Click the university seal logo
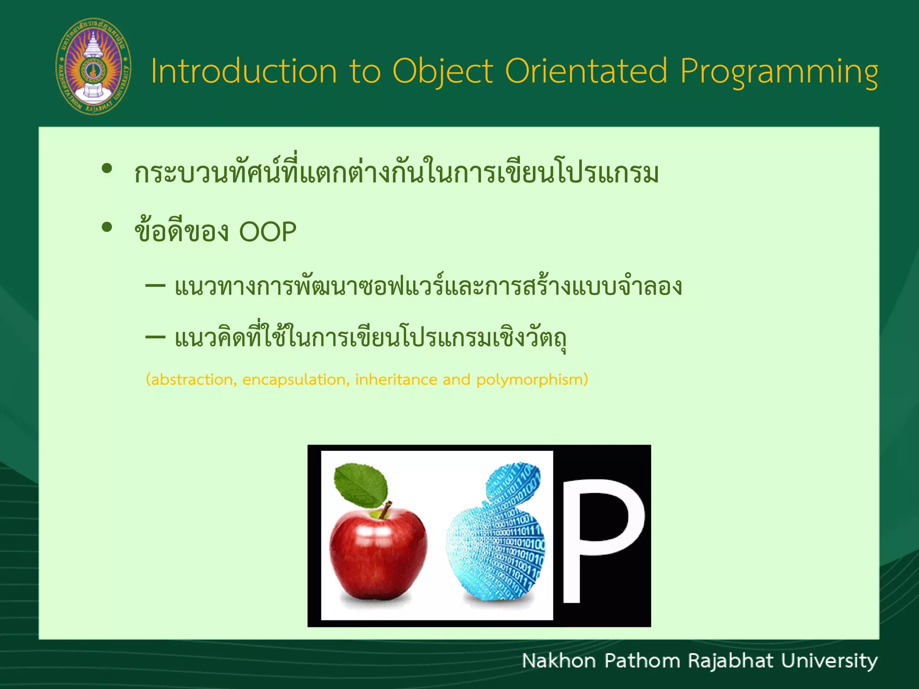93,66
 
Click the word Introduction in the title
244,72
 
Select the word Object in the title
442,72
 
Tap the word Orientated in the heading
586,72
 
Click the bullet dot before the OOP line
107,227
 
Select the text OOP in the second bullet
267,232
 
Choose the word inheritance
396,380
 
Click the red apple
378,552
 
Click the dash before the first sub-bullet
155,286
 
